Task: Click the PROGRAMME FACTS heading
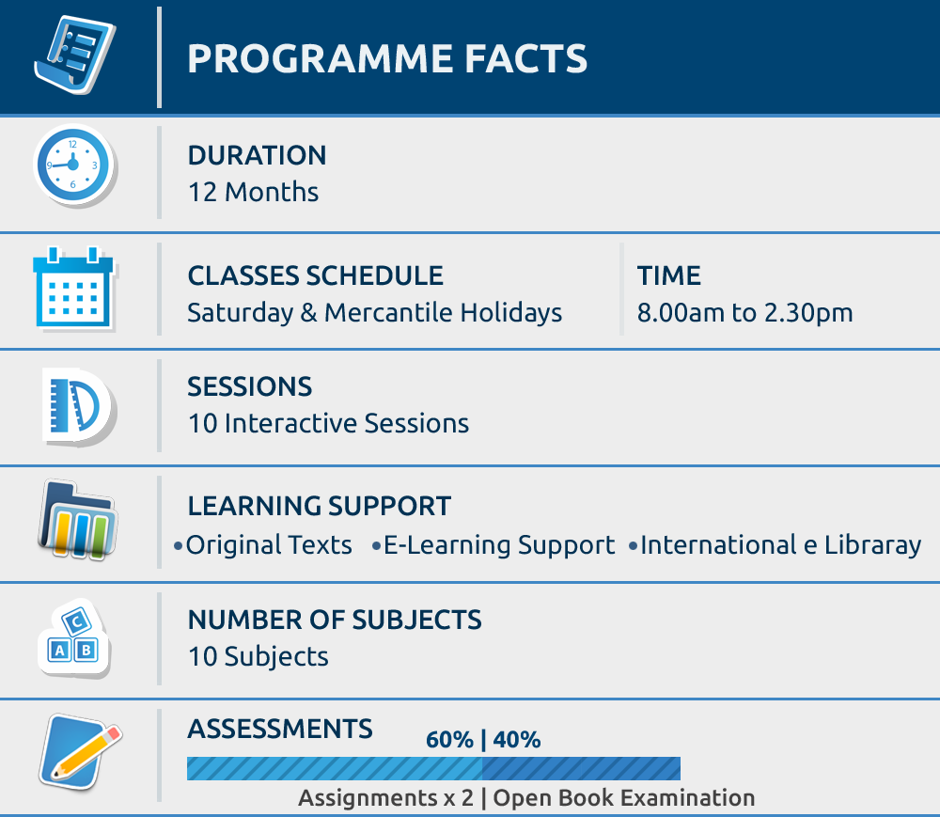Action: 387,58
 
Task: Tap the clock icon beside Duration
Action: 74,165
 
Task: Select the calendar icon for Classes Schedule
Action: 74,289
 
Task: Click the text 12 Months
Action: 253,193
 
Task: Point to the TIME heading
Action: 668,275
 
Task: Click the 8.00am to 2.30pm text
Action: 744,313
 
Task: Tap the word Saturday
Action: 241,313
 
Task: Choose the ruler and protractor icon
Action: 79,406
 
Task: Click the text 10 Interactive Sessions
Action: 328,423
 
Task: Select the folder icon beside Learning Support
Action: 77,519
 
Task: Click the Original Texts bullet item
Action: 263,545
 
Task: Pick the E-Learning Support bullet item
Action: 493,545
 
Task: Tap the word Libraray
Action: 872,545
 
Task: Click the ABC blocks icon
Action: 74,637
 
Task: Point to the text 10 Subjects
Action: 258,656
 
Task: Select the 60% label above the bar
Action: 449,740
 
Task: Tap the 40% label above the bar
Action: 517,740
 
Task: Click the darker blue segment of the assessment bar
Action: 581,768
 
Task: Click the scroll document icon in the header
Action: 75,55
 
